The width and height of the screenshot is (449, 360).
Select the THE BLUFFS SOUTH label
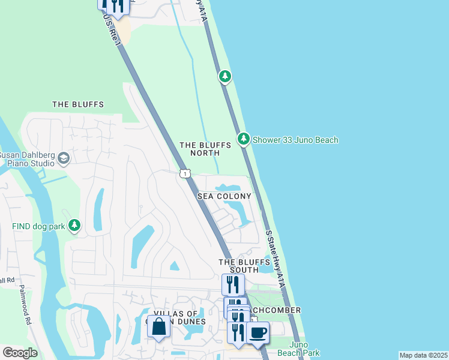coord(244,267)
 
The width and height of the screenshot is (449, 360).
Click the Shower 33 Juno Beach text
coord(295,140)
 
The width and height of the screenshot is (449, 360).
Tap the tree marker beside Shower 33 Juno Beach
coord(243,139)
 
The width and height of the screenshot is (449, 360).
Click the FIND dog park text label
coord(38,226)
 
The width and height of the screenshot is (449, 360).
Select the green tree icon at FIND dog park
coord(74,226)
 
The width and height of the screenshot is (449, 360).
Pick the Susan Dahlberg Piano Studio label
coord(27,158)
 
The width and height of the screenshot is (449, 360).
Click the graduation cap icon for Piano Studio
coord(63,158)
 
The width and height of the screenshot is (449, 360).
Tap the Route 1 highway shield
coord(185,174)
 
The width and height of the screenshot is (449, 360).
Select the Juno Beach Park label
coord(304,349)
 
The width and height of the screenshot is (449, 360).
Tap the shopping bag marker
coord(158,327)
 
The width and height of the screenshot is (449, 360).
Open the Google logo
coord(20,353)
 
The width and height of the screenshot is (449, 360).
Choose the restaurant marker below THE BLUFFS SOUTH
coord(233,284)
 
